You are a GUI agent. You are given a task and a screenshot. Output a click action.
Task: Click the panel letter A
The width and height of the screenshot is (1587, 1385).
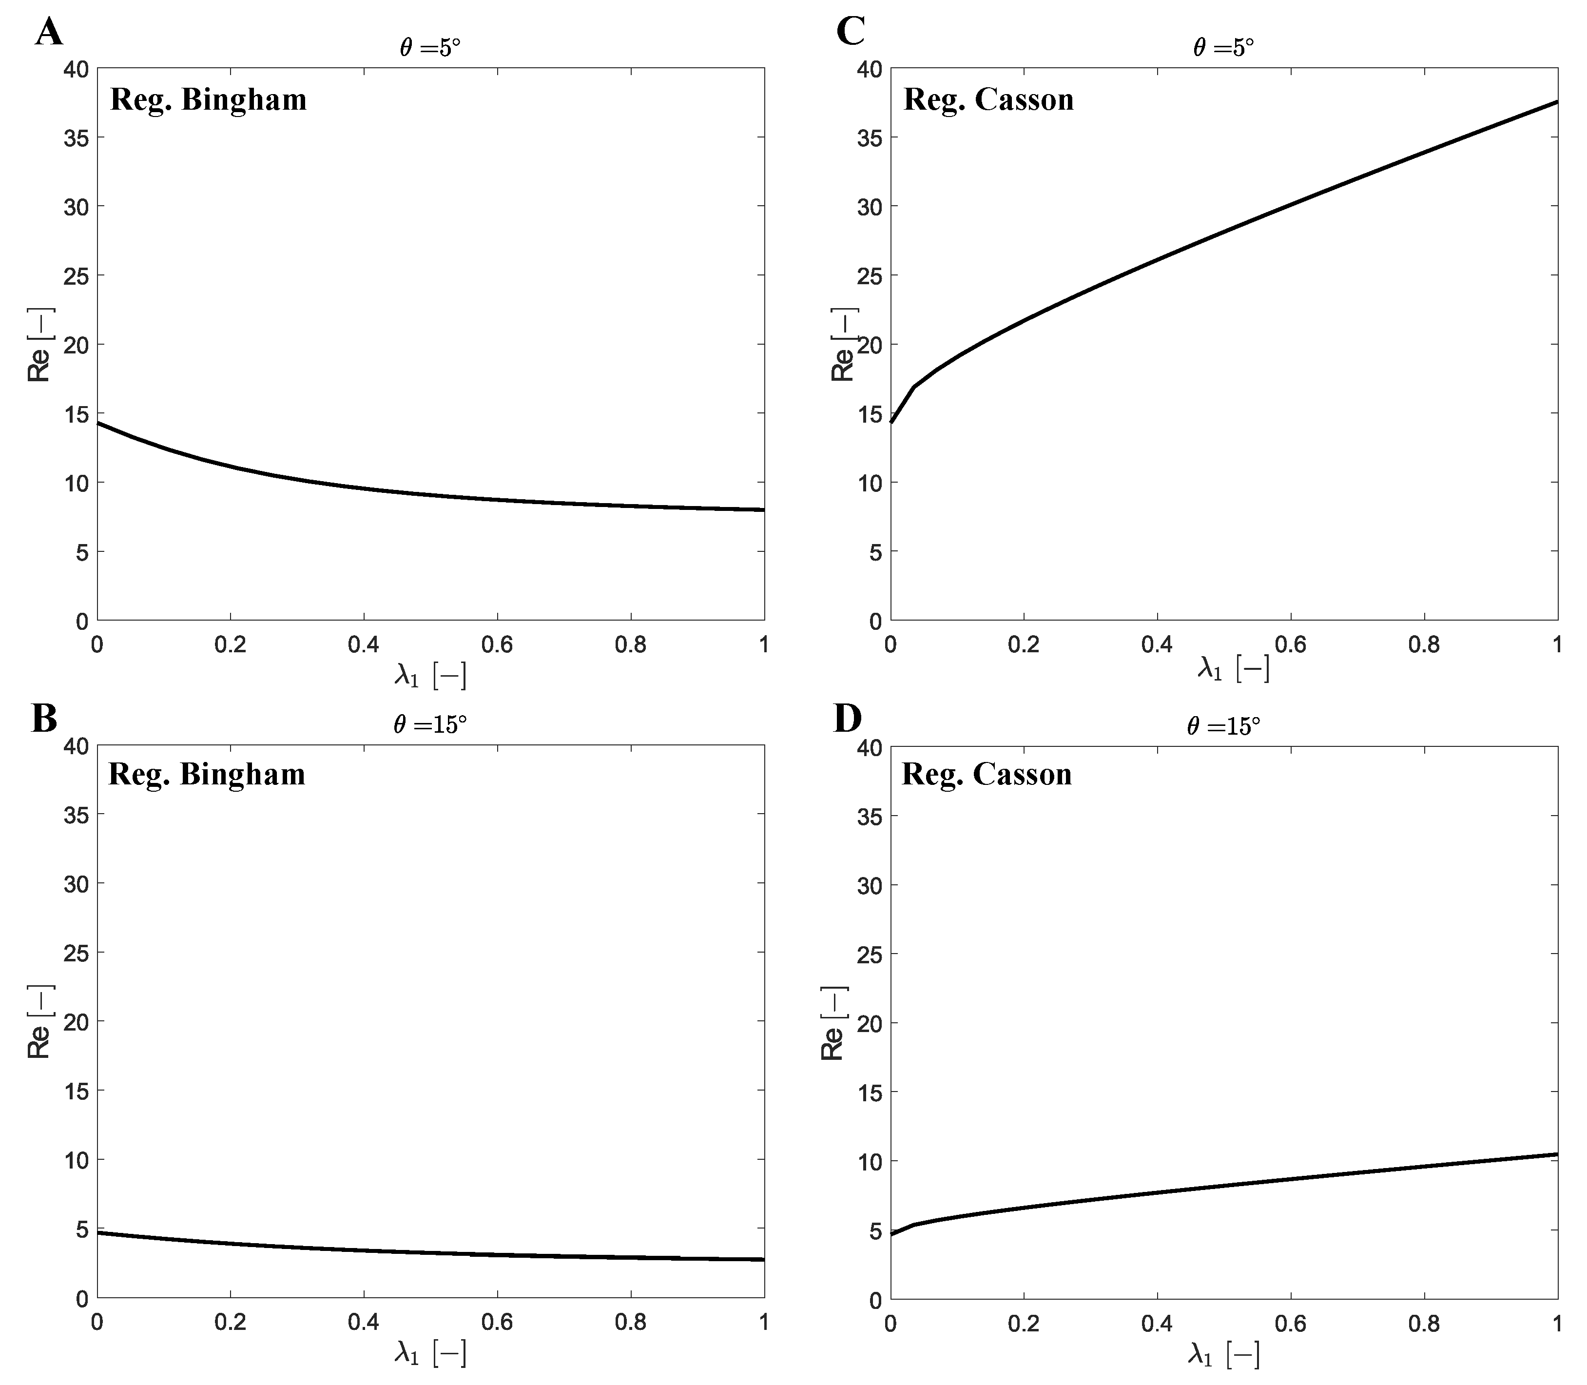[49, 33]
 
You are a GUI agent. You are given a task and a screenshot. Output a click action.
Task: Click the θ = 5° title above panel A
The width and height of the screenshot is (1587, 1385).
[430, 48]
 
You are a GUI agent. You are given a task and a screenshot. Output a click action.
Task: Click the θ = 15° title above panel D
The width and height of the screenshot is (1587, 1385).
[1223, 726]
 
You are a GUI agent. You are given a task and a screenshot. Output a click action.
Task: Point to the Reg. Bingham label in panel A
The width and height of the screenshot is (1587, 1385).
[209, 100]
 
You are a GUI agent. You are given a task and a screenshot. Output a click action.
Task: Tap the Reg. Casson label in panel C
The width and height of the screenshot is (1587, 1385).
[989, 100]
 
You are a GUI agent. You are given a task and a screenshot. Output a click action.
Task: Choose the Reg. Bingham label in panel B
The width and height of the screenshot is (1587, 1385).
[207, 775]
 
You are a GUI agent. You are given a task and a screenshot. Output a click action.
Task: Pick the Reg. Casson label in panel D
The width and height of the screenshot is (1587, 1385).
[987, 775]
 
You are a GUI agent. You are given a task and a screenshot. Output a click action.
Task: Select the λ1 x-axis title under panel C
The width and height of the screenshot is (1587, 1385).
[1233, 668]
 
